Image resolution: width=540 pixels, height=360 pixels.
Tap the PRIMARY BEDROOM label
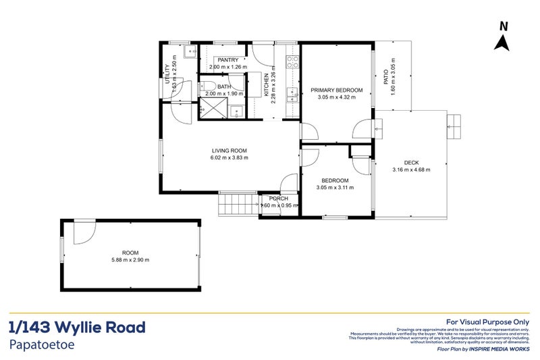[336, 90]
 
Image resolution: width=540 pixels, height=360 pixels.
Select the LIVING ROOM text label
[230, 150]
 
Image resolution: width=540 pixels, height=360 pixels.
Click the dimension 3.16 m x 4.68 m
[411, 170]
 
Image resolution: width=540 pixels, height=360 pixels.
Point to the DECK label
[411, 162]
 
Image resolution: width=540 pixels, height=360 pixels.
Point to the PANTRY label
[227, 60]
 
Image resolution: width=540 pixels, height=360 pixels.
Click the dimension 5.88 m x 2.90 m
[130, 259]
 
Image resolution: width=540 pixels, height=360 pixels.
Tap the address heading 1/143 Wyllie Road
[78, 328]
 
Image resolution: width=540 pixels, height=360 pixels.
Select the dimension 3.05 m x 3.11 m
[335, 188]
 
